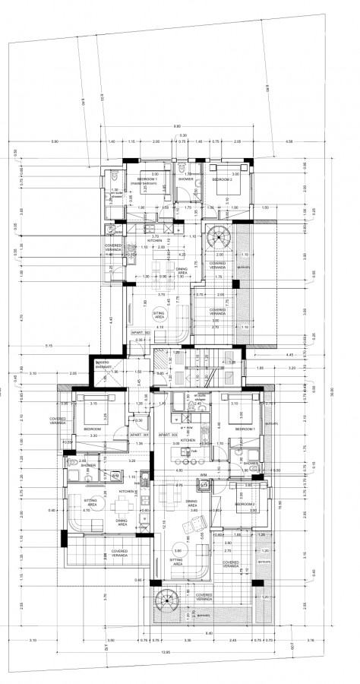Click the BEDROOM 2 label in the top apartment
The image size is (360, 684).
221,179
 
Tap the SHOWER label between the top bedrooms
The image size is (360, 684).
186,179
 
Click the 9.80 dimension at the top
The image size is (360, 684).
177,126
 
